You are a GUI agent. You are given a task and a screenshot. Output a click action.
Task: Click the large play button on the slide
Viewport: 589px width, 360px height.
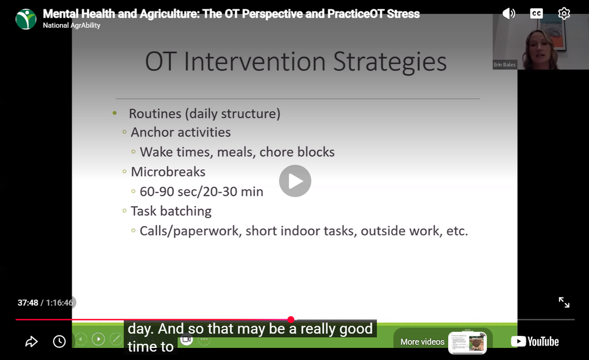coord(295,181)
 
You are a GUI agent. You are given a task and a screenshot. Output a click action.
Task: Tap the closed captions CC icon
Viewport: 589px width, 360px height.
coord(536,14)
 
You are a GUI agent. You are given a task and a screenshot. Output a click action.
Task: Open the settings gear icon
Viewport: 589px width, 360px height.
coord(564,13)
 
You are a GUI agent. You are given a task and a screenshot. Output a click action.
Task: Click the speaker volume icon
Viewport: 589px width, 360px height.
coord(508,14)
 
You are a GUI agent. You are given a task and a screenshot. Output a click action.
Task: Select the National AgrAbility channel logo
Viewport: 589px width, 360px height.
coord(26,19)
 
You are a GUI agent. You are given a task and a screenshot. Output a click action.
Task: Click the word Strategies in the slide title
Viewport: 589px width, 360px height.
coord(390,62)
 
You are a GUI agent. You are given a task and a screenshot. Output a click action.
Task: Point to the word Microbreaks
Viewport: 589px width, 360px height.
coord(168,172)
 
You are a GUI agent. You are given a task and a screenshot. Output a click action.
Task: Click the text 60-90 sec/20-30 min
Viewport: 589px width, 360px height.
coord(201,192)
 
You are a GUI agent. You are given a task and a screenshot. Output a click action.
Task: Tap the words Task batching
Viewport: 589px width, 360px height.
coord(171,212)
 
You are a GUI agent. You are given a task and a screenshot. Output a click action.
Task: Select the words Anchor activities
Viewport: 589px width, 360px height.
coord(181,132)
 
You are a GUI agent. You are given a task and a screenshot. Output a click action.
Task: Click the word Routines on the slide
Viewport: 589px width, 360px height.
coord(155,113)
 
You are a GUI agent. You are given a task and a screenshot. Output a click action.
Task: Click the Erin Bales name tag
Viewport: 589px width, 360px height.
coord(504,64)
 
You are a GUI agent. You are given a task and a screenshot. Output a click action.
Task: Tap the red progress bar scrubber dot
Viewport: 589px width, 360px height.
coord(290,320)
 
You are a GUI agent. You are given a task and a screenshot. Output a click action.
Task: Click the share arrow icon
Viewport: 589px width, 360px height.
coord(32,342)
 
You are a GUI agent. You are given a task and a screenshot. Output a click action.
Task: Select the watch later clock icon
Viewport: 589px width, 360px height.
coord(59,342)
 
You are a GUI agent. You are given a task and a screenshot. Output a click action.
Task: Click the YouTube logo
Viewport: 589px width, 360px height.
coord(535,341)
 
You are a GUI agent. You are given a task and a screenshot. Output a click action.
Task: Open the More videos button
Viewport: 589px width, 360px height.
coord(443,342)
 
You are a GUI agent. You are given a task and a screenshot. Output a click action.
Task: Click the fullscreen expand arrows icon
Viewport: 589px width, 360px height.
coord(564,302)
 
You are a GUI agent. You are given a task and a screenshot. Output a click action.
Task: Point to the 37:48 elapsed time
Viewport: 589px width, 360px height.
coord(28,302)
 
